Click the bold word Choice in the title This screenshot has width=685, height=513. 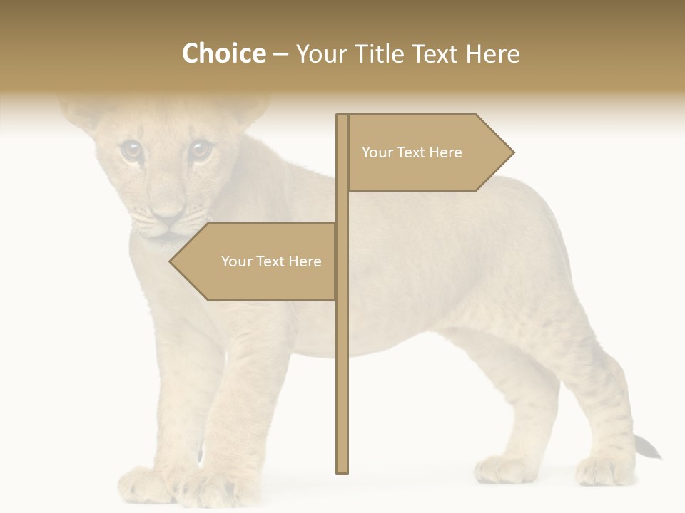coord(223,53)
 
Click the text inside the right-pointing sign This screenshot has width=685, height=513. coord(412,152)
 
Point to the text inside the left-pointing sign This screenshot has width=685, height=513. coord(271,261)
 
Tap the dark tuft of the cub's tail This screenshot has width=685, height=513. coord(647,447)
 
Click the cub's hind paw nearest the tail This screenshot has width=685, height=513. coord(599,470)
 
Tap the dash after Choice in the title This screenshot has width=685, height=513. coord(280,54)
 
